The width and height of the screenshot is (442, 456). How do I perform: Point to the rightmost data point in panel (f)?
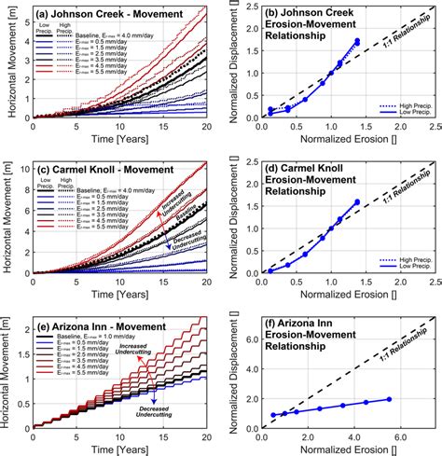pyautogui.click(x=389, y=398)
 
